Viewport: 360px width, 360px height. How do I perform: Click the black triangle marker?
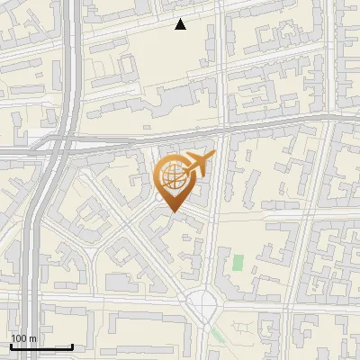pos(181,24)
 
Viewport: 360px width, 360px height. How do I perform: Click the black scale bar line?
pos(41,346)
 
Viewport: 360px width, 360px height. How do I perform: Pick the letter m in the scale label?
pos(32,339)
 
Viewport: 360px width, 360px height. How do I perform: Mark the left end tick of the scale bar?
pos(11,346)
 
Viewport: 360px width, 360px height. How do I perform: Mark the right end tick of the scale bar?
pos(72,346)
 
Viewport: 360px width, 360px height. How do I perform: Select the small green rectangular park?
pos(238,264)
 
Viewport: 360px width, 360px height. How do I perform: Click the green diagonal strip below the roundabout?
pos(219,336)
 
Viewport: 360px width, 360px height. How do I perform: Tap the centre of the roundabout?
pos(206,306)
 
